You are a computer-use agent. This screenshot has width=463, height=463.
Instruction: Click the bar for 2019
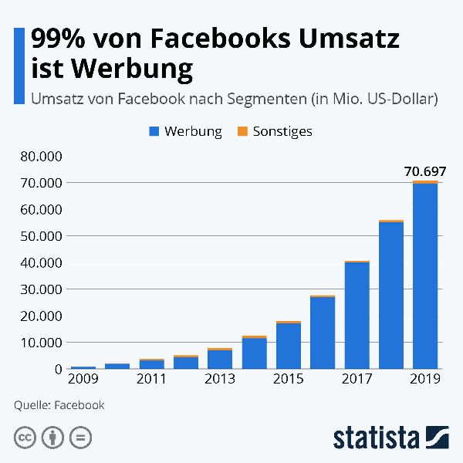tap(425, 275)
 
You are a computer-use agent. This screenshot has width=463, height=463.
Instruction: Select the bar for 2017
tap(357, 316)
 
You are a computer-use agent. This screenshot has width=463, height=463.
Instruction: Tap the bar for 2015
tap(289, 345)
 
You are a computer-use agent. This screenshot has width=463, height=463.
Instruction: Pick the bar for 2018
tap(391, 295)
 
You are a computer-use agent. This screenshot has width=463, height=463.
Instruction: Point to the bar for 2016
tap(323, 332)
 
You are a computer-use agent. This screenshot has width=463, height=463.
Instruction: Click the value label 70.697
tap(425, 171)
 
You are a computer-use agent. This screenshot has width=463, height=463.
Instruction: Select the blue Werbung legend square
tap(154, 132)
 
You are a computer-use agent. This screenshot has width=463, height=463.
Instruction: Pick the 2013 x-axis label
tap(220, 379)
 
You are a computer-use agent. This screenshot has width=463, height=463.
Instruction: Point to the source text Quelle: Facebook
tap(59, 405)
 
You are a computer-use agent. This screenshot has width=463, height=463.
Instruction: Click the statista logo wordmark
tap(375, 437)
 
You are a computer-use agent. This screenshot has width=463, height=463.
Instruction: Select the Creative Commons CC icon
tap(25, 438)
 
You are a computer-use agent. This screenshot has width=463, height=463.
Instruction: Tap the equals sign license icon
tap(80, 438)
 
